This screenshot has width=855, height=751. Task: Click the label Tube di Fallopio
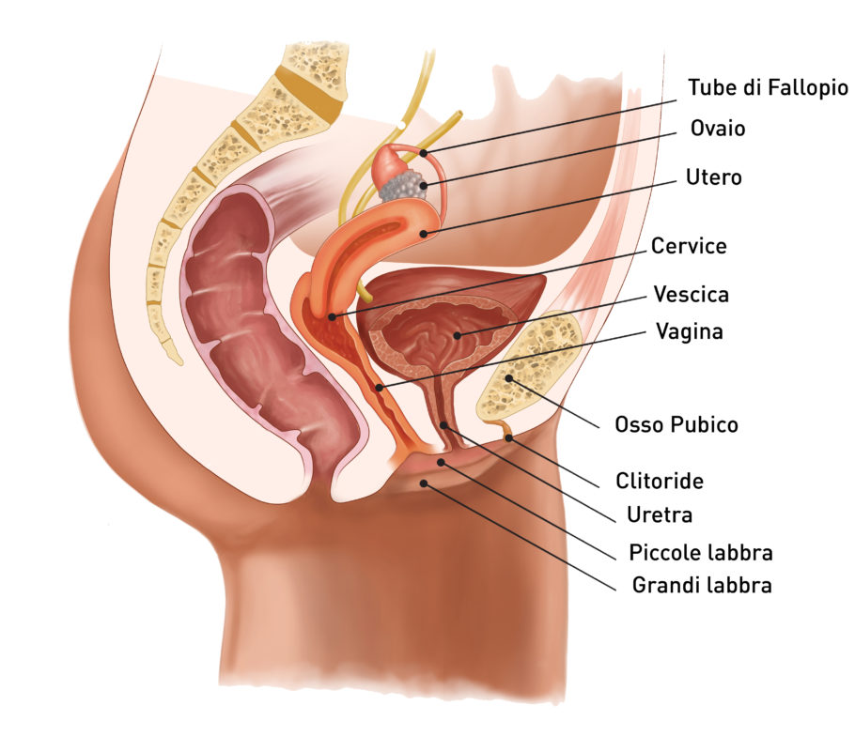[x=768, y=87]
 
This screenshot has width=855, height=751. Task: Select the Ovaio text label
[x=718, y=128]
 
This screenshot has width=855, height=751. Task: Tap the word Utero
[x=714, y=177]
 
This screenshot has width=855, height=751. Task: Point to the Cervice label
[x=689, y=246]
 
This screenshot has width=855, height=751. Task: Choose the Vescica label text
[x=691, y=294]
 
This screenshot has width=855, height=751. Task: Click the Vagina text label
[x=690, y=331]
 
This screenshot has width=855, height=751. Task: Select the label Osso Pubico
[x=676, y=424]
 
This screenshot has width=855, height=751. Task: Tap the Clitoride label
[x=660, y=481]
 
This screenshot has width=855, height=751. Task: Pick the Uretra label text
[x=660, y=514]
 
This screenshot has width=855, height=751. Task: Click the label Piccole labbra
[x=701, y=553]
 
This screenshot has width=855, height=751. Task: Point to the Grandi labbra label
[x=702, y=586]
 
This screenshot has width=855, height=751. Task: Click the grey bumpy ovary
[x=403, y=185]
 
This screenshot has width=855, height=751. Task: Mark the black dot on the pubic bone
[x=508, y=378]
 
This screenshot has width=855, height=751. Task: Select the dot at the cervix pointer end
[x=332, y=316]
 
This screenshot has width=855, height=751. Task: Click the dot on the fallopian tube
[x=424, y=153]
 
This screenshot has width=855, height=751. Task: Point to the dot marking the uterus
[x=424, y=235]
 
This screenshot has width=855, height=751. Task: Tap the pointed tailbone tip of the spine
[x=178, y=360]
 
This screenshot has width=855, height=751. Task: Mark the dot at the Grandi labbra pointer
[x=423, y=483]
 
